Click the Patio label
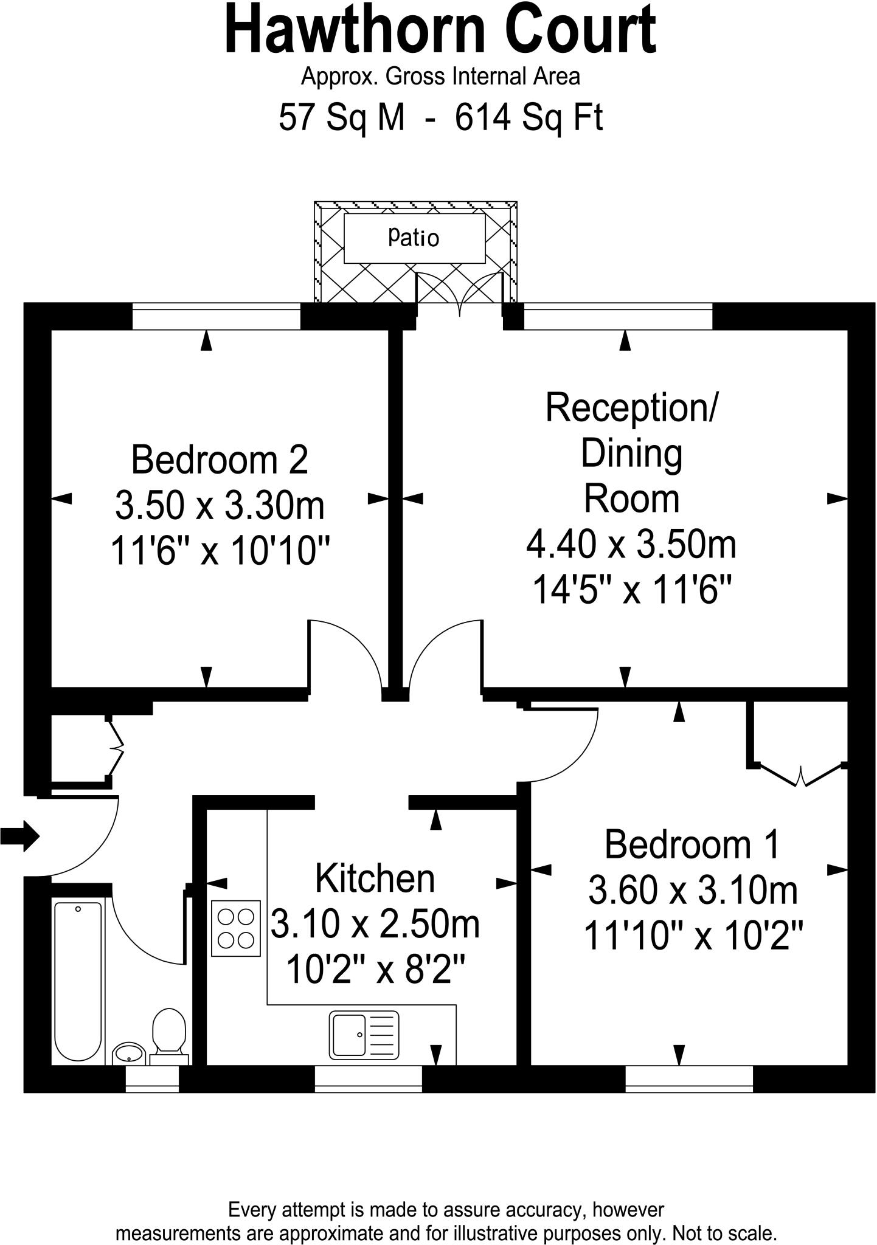click(414, 238)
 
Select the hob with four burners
click(236, 928)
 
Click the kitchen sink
click(364, 1034)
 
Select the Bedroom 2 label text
click(220, 460)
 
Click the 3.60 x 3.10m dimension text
click(693, 891)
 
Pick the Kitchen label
click(375, 879)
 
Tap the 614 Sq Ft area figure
click(529, 117)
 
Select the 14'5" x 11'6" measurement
click(631, 589)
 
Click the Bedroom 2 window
click(216, 316)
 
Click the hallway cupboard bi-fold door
click(117, 747)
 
